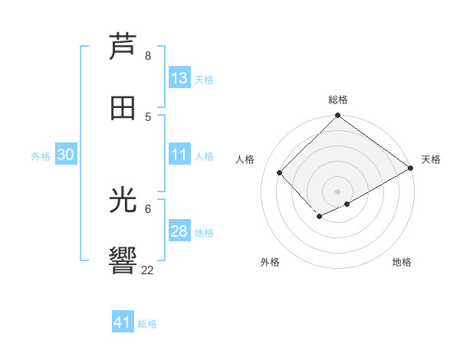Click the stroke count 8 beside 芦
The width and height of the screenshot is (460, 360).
coord(148,56)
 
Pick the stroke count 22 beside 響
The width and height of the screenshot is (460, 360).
coord(148,270)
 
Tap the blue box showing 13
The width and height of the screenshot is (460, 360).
coord(179,78)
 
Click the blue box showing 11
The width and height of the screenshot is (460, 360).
coord(179,155)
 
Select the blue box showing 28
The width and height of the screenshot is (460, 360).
coord(179,231)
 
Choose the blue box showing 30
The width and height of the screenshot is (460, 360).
coord(65,155)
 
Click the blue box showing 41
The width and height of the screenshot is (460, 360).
coord(123,322)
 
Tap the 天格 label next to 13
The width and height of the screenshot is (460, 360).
coord(203,80)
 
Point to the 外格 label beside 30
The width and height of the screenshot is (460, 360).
coord(41,156)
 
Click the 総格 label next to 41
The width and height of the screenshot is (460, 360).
coord(147,324)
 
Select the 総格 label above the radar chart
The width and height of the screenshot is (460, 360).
coord(338,100)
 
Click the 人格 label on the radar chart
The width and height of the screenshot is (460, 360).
coord(245,159)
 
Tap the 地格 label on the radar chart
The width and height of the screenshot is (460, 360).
coord(402,262)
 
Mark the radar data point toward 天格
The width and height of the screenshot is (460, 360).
coord(411,169)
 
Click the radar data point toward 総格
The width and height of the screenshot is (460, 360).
coord(337,116)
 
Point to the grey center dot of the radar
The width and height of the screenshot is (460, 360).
coord(337,191)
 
